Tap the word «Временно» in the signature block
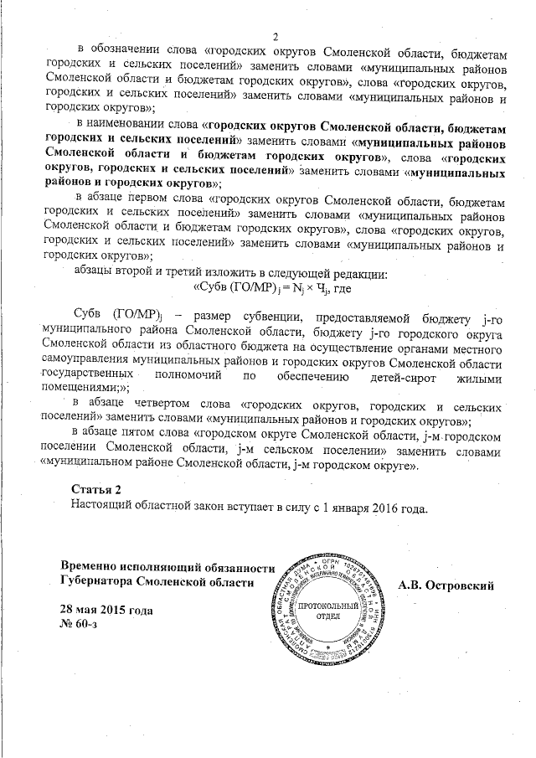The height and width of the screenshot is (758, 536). (x=97, y=566)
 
